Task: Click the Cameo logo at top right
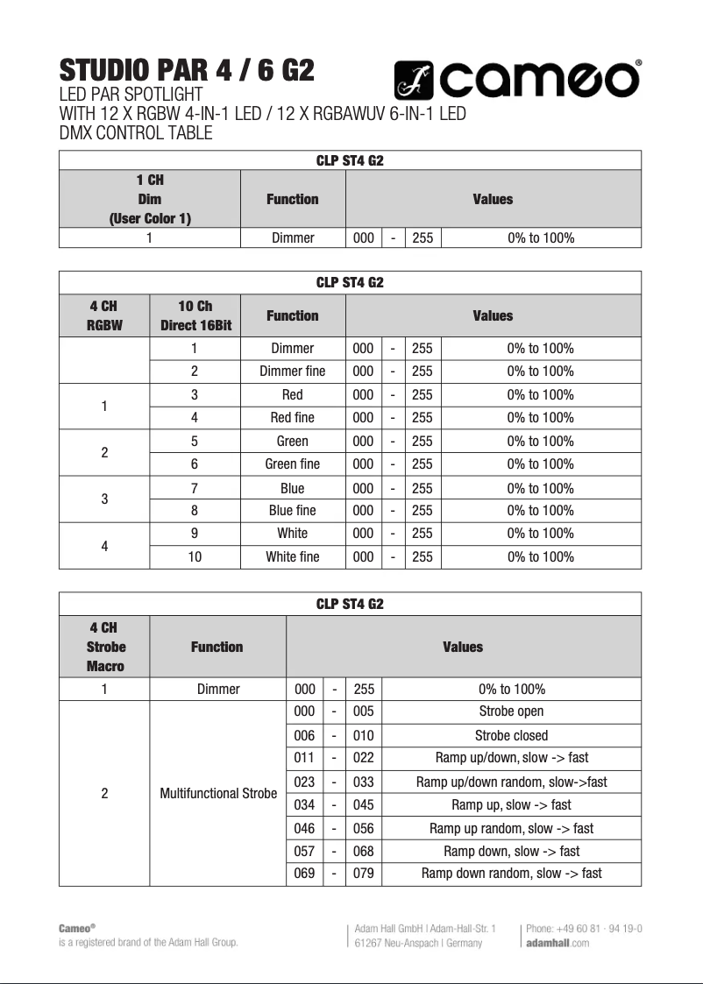tap(516, 81)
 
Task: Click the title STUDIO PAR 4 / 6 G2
tap(186, 70)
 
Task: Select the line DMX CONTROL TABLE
tap(135, 133)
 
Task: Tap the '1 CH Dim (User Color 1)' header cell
tap(150, 199)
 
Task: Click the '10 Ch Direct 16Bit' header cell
tap(194, 315)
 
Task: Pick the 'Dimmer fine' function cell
tap(292, 372)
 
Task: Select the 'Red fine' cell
tap(292, 418)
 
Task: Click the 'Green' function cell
tap(292, 442)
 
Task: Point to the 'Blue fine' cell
tap(292, 511)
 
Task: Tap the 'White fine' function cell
tap(292, 557)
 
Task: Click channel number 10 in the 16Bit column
tap(194, 557)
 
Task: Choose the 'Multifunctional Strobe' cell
tap(217, 794)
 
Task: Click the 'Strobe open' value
tap(511, 711)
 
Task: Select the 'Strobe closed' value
tap(511, 736)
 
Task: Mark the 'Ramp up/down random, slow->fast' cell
tap(511, 782)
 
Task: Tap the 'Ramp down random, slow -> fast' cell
tap(511, 874)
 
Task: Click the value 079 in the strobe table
tap(363, 874)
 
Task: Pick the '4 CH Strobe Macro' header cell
tap(105, 647)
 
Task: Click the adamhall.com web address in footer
tap(557, 943)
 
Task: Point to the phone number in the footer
tap(584, 928)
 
